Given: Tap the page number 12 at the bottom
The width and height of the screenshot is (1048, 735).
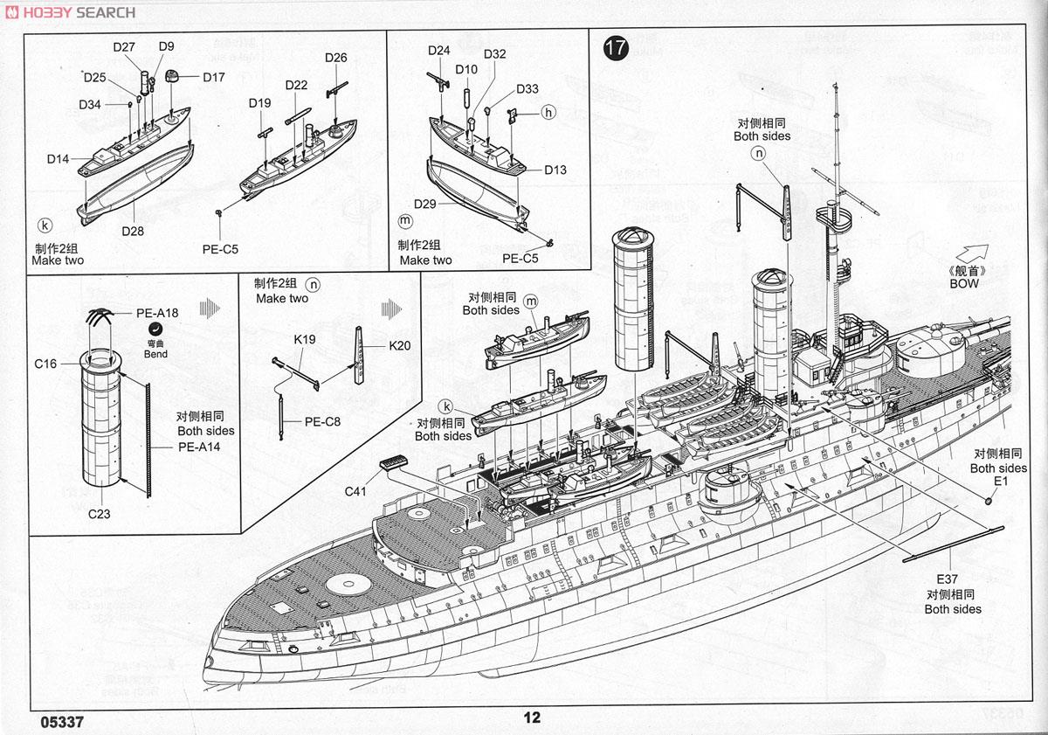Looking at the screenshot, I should tap(532, 718).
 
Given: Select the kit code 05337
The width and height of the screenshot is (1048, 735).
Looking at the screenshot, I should tap(62, 722).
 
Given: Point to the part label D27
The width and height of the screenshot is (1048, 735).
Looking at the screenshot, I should tap(123, 47).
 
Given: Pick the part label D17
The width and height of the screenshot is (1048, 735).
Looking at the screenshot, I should tap(214, 77).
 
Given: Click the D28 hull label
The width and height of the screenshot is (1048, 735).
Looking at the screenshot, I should tap(133, 231).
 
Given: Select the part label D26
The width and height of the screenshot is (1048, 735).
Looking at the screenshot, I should tap(335, 59).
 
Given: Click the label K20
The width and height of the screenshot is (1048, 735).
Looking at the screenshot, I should tap(399, 345).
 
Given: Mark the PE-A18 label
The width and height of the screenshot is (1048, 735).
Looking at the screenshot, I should tap(157, 311).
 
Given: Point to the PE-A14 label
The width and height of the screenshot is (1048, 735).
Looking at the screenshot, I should tap(199, 446).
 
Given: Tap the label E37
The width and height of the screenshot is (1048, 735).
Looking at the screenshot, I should tap(947, 579).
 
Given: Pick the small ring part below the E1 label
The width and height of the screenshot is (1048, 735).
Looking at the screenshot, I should tap(989, 501).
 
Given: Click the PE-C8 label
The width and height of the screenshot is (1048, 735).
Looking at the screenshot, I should tap(322, 420).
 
